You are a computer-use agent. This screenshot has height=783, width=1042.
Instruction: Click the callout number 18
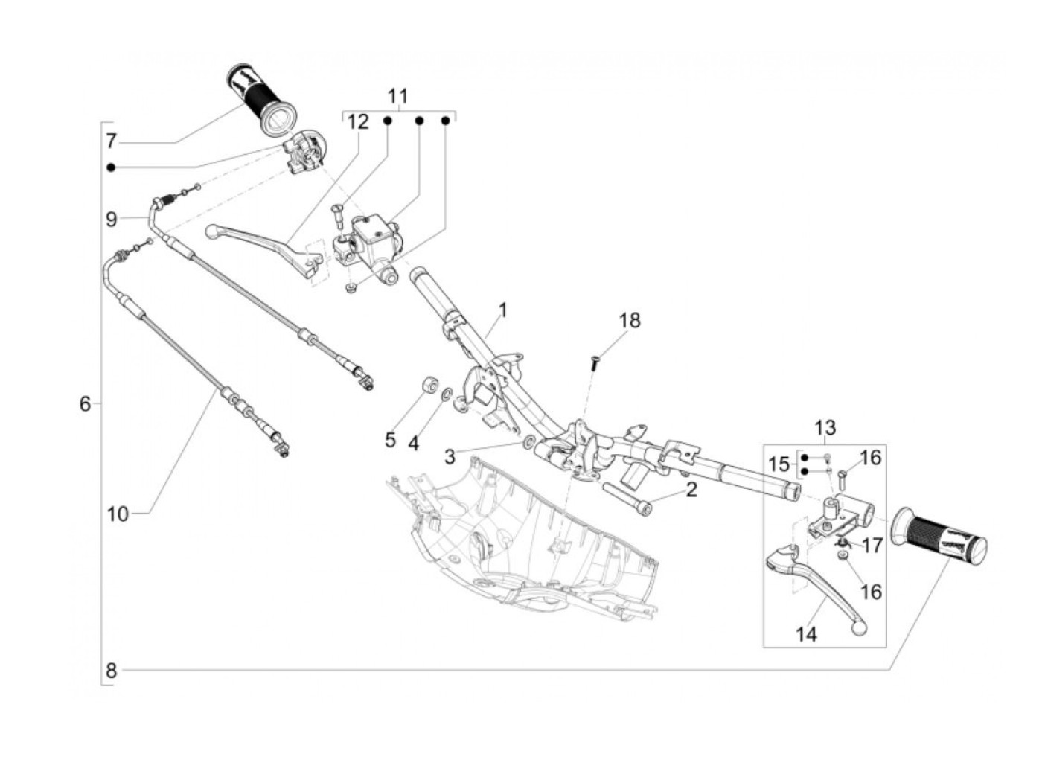pyautogui.click(x=629, y=321)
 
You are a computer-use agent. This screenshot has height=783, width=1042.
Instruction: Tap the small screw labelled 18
pyautogui.click(x=595, y=362)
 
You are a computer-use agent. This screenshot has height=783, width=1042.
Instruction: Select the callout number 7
pyautogui.click(x=111, y=141)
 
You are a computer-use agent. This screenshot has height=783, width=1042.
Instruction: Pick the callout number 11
pyautogui.click(x=398, y=96)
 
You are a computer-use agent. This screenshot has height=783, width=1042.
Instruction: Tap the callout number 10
pyautogui.click(x=117, y=514)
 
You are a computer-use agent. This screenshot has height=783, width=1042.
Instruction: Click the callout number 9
pyautogui.click(x=111, y=219)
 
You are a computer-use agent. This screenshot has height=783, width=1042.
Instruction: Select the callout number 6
pyautogui.click(x=85, y=403)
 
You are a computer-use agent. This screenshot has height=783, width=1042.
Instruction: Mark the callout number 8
pyautogui.click(x=111, y=671)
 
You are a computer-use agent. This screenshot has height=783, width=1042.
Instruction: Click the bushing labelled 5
pyautogui.click(x=429, y=387)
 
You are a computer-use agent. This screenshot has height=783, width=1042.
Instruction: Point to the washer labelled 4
pyautogui.click(x=446, y=394)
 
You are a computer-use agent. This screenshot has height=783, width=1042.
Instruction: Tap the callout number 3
pyautogui.click(x=449, y=456)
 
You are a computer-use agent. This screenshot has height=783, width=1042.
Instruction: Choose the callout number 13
pyautogui.click(x=825, y=428)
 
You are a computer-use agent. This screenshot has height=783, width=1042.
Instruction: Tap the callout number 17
pyautogui.click(x=872, y=546)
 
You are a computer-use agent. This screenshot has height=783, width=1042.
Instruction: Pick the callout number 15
pyautogui.click(x=779, y=464)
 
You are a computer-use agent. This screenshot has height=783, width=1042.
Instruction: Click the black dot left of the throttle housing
pyautogui.click(x=111, y=167)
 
